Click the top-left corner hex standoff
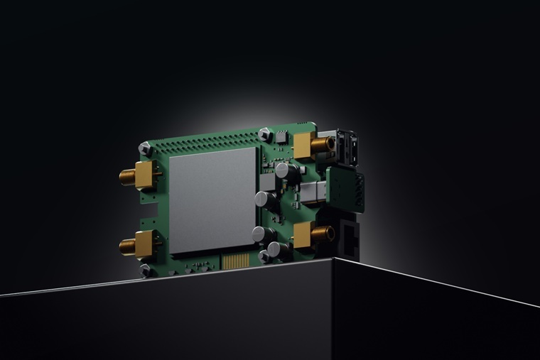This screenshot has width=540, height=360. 145,148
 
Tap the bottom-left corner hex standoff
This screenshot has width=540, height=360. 146,270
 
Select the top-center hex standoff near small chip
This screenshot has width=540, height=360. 264,133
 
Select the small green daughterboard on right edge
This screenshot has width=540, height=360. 347,190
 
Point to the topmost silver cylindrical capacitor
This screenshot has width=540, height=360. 283,170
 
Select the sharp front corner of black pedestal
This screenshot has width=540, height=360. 333,260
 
